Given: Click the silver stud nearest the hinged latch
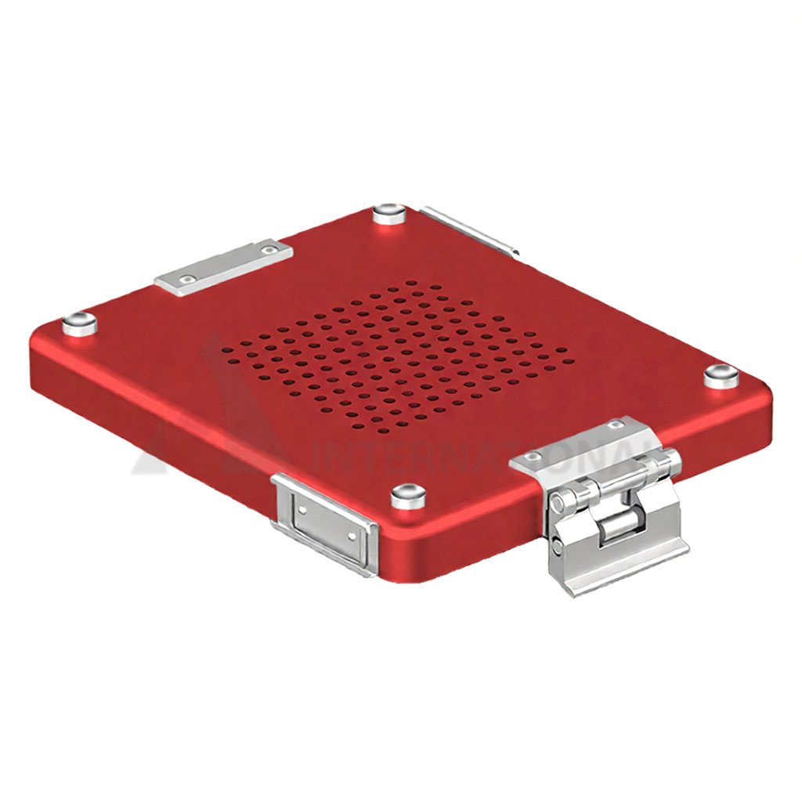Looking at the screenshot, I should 721,375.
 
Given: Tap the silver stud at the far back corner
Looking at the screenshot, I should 389,213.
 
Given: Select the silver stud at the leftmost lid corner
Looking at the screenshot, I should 78,323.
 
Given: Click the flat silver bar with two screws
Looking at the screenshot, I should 224,267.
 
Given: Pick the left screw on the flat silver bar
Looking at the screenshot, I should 186,279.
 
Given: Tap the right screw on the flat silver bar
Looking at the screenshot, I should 269,251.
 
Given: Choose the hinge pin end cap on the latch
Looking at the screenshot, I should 559,501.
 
